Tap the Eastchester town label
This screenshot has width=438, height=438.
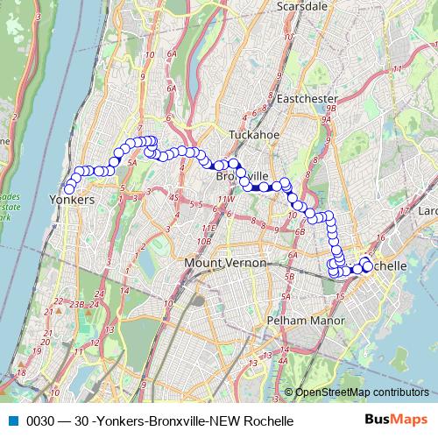300,99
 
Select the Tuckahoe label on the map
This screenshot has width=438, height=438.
252,135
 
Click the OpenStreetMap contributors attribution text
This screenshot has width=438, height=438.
362,392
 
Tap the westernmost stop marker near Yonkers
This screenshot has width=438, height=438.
69,188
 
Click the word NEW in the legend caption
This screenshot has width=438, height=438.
223,420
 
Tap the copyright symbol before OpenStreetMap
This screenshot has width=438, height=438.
289,392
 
